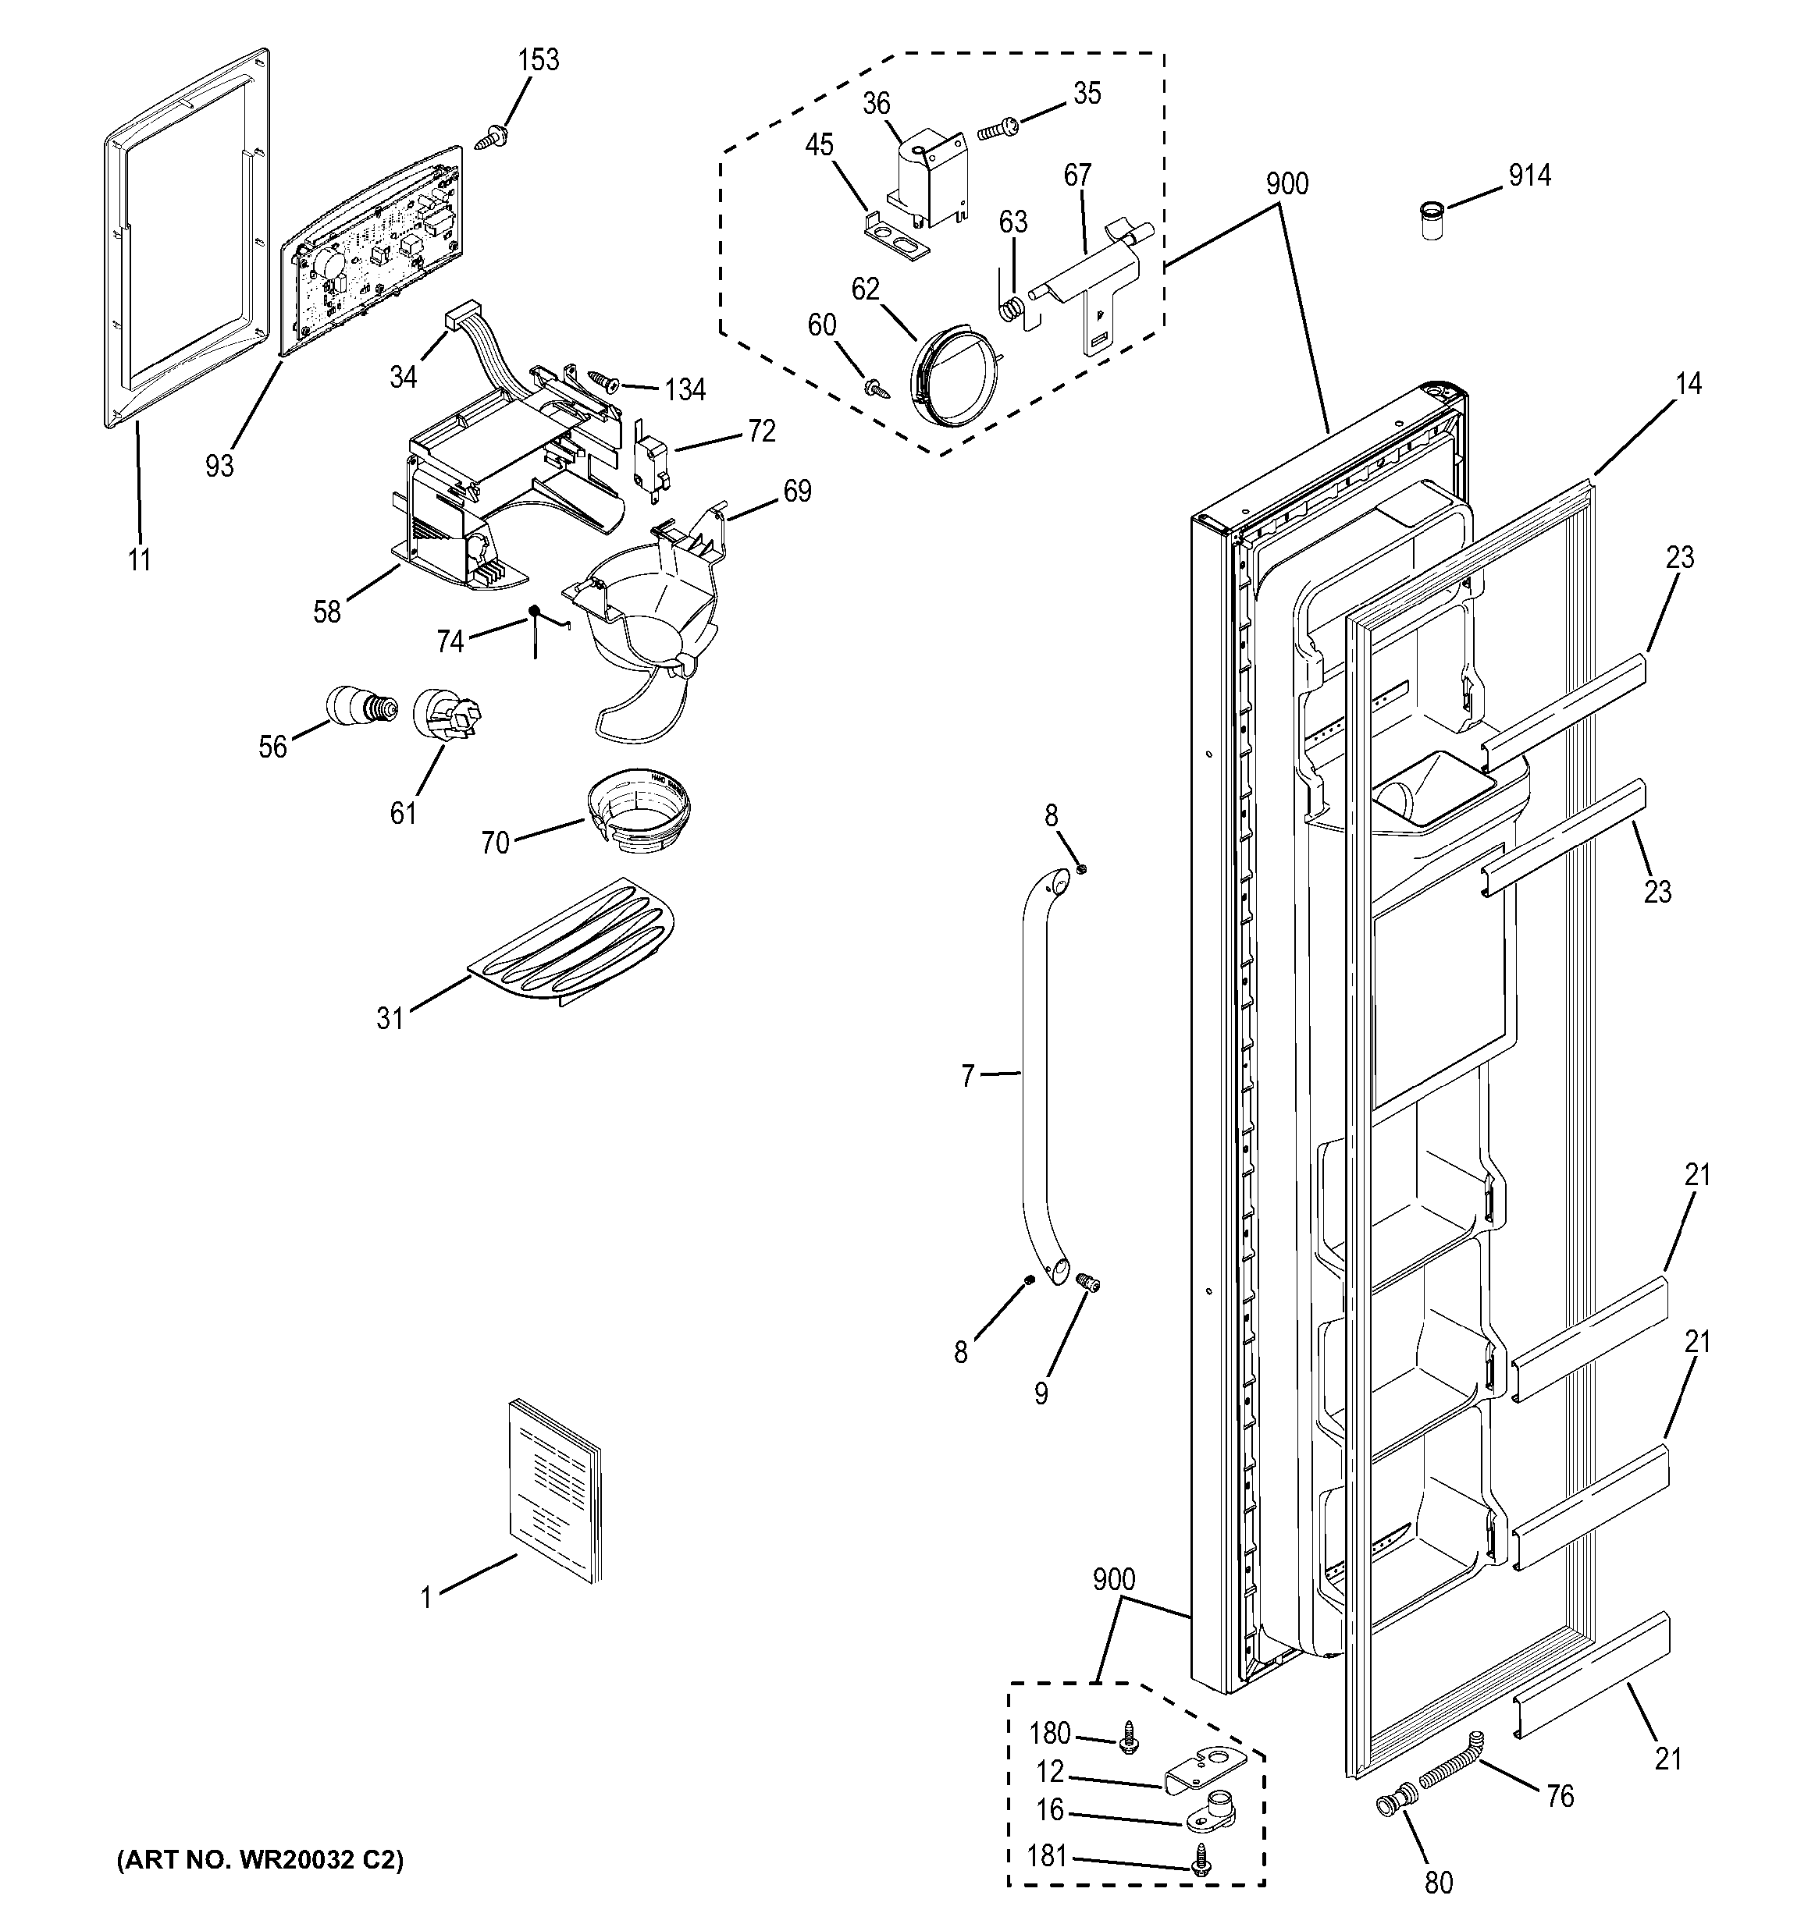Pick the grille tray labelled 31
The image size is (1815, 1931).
point(573,942)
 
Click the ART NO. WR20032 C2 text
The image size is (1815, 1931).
point(261,1860)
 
